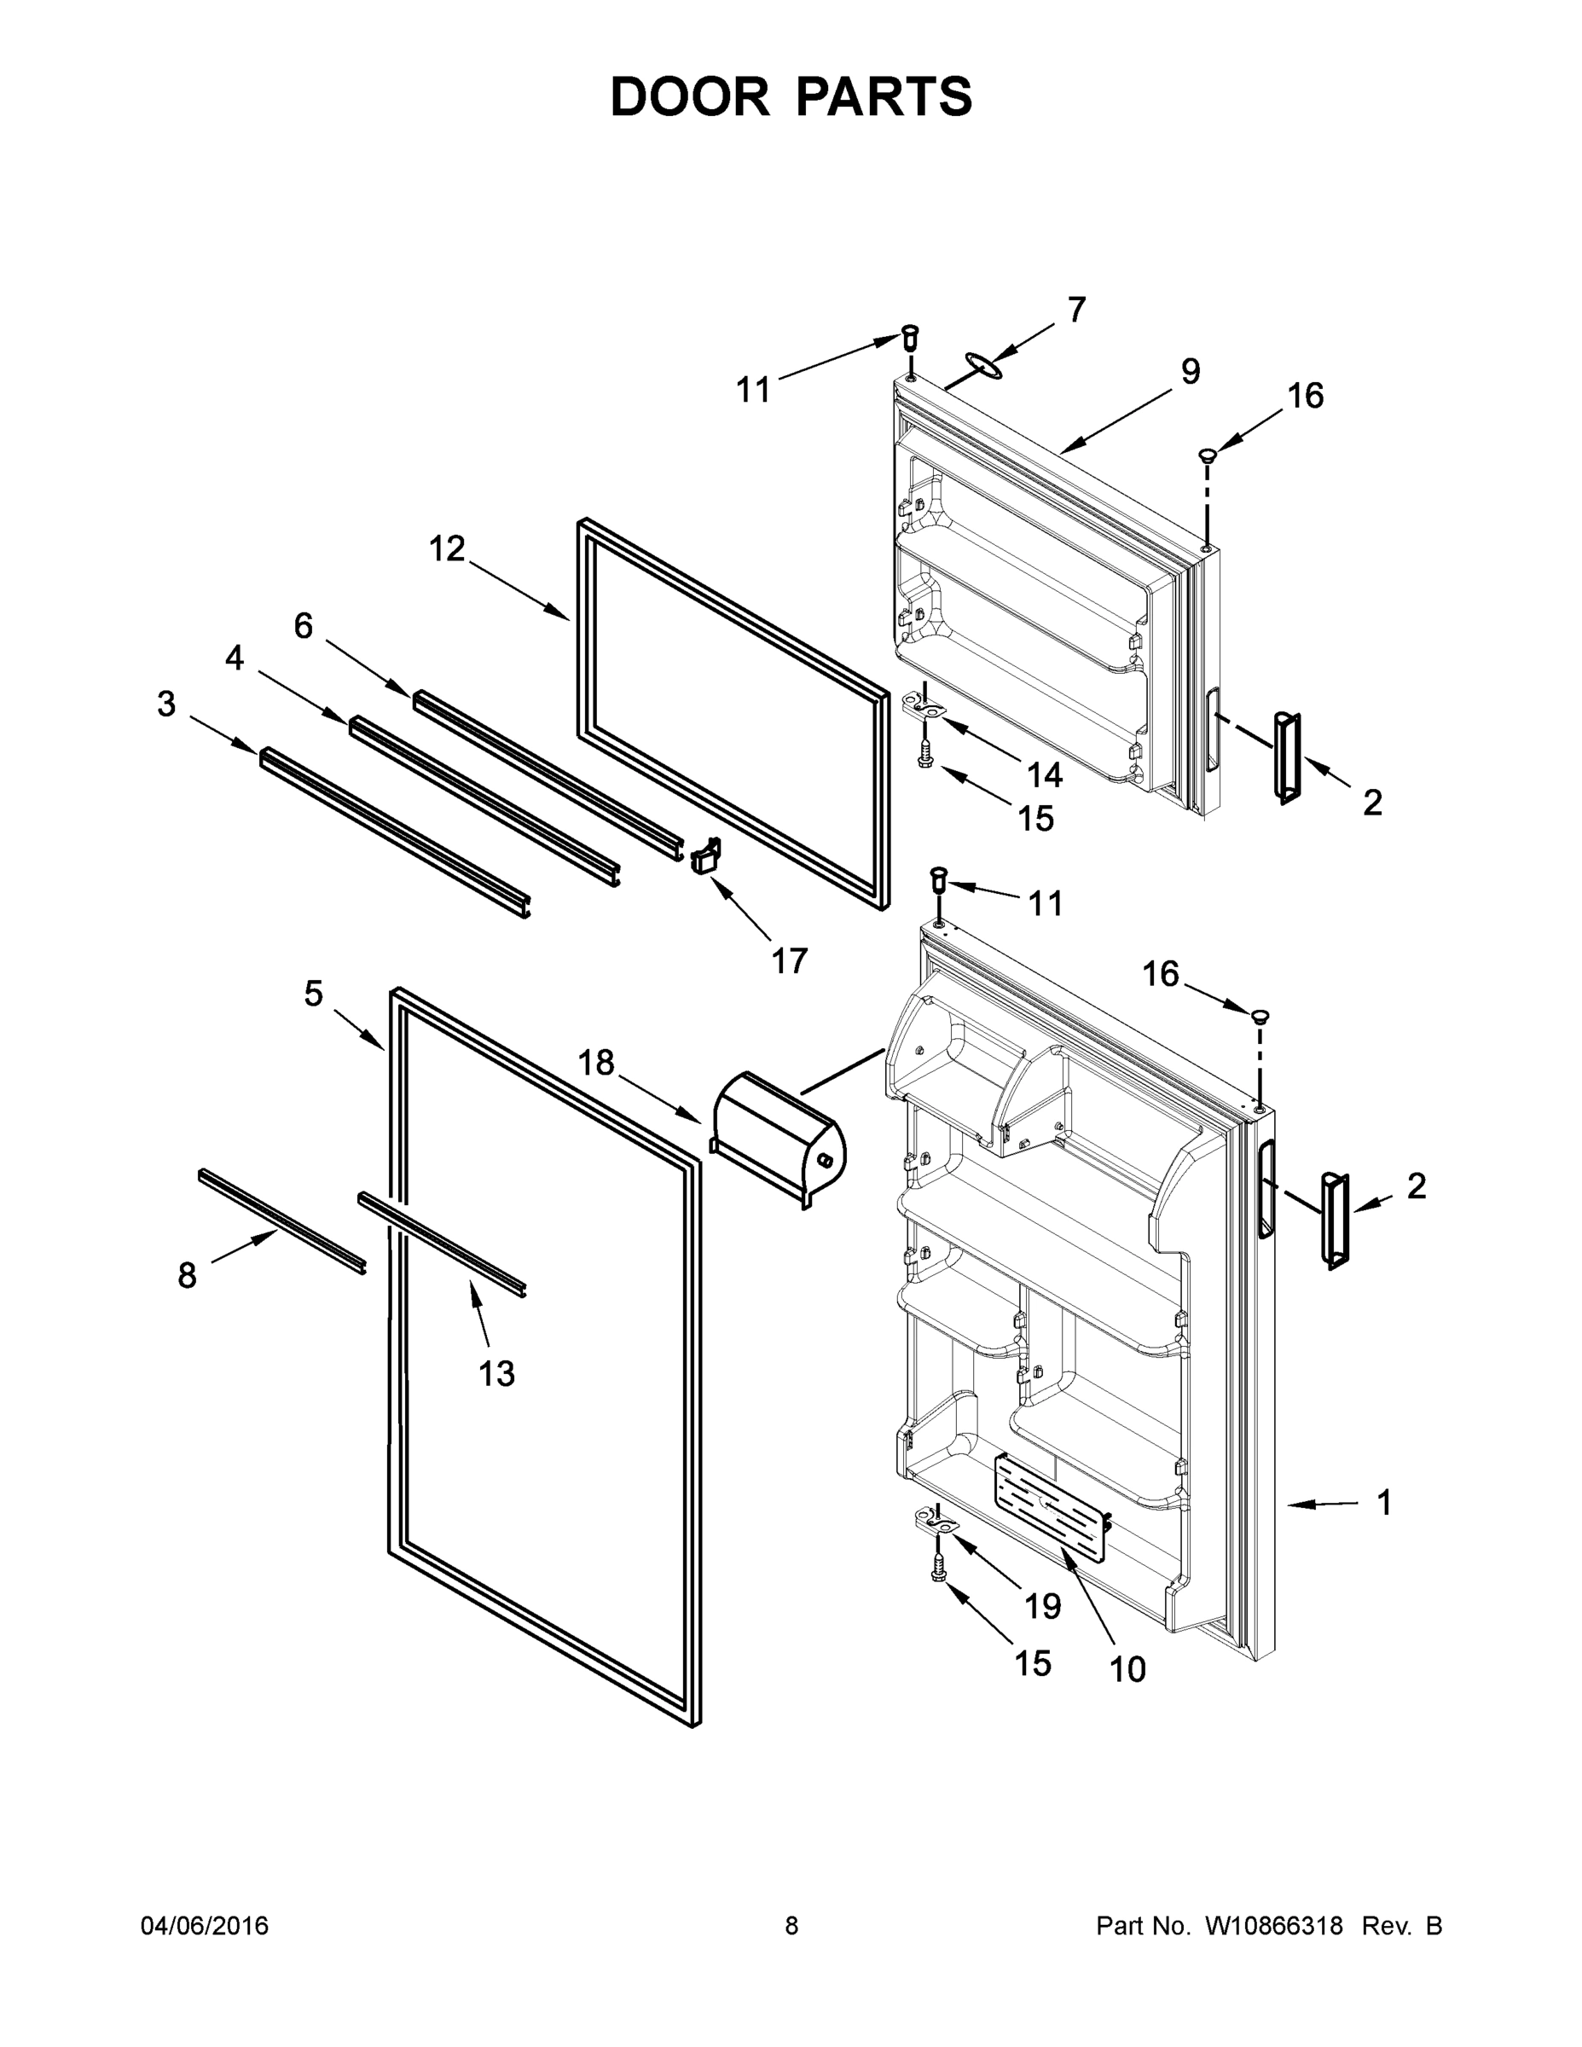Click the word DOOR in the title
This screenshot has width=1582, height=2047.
pyautogui.click(x=689, y=96)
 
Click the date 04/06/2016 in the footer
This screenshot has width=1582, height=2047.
pyautogui.click(x=205, y=1926)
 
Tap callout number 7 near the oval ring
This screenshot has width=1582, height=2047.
pyautogui.click(x=1076, y=310)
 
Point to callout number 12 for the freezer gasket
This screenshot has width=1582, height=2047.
pyautogui.click(x=447, y=548)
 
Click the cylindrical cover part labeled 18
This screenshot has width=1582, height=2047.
pyautogui.click(x=778, y=1136)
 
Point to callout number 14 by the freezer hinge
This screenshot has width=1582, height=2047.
pyautogui.click(x=1044, y=774)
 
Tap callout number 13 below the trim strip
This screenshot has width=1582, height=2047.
pyautogui.click(x=495, y=1374)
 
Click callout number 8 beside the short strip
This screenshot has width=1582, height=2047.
pyautogui.click(x=187, y=1275)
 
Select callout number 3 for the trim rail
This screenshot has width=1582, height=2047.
pyautogui.click(x=166, y=703)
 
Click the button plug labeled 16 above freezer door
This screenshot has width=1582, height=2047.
pyautogui.click(x=1207, y=455)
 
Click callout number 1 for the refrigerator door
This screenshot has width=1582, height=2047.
pyautogui.click(x=1383, y=1503)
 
